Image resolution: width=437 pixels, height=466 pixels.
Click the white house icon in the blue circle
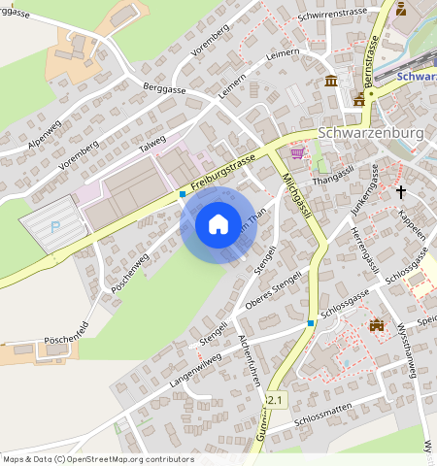pos(218,224)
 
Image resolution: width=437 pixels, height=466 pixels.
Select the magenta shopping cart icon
pos(298,152)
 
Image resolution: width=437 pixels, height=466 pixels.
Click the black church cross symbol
pos(400,192)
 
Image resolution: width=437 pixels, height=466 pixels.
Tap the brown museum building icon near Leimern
pos(332,80)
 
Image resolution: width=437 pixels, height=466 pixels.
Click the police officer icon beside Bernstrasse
pos(359,99)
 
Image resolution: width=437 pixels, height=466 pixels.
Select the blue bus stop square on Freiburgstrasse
pos(182,194)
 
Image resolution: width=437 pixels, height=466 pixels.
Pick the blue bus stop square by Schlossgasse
pos(311,322)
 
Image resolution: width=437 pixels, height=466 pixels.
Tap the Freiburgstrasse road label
pos(223,170)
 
